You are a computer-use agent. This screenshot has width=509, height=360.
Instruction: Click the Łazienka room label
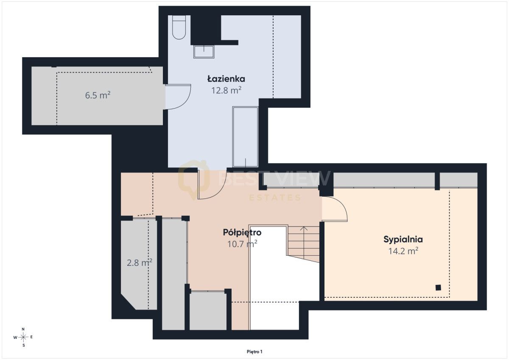(x=226, y=79)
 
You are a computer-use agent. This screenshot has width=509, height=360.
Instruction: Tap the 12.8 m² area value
(x=227, y=90)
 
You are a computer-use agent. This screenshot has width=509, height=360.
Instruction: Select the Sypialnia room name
(x=403, y=240)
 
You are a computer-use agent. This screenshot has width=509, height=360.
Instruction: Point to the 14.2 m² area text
(x=403, y=251)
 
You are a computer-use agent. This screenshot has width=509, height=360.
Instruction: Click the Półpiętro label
(x=242, y=233)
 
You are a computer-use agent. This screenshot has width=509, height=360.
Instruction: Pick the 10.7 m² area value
(x=242, y=244)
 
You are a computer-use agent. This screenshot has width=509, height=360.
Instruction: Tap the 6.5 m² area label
(x=98, y=95)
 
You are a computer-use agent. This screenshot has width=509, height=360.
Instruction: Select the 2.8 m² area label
(x=140, y=263)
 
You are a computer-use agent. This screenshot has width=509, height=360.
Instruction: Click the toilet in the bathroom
(x=179, y=27)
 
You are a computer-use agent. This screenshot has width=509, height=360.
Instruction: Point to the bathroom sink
(x=204, y=52)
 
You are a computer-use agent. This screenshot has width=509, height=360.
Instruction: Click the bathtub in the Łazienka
(x=246, y=137)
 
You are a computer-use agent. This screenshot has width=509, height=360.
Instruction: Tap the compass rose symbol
(x=23, y=337)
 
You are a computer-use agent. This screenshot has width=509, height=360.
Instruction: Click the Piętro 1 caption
(x=255, y=352)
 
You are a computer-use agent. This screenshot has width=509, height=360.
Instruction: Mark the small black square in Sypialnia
(x=438, y=287)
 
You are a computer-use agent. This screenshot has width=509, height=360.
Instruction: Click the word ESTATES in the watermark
(x=275, y=198)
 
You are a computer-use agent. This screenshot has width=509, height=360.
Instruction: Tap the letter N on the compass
(x=23, y=329)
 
